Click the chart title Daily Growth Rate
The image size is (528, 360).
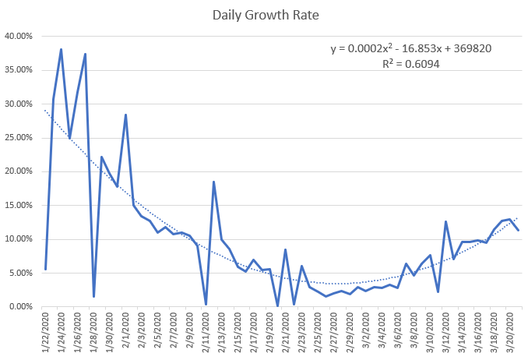(x=264, y=14)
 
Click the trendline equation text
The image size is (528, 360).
(x=410, y=48)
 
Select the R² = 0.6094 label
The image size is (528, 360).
(x=411, y=64)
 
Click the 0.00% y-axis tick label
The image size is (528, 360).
(x=21, y=307)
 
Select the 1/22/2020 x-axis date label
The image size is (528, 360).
(x=46, y=331)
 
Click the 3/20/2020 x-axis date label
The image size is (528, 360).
(x=509, y=331)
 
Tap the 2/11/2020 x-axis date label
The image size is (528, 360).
(x=206, y=331)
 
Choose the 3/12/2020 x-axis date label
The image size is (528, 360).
(x=445, y=331)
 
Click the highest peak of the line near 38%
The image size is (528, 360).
(x=61, y=49)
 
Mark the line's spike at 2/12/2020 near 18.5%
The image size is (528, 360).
(x=213, y=182)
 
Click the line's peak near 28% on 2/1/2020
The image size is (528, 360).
(x=125, y=115)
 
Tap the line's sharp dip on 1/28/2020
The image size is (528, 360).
(x=93, y=296)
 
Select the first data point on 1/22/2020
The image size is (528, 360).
(x=46, y=269)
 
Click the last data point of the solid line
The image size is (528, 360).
(x=518, y=230)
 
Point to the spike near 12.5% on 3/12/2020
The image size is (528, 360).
(x=445, y=221)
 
